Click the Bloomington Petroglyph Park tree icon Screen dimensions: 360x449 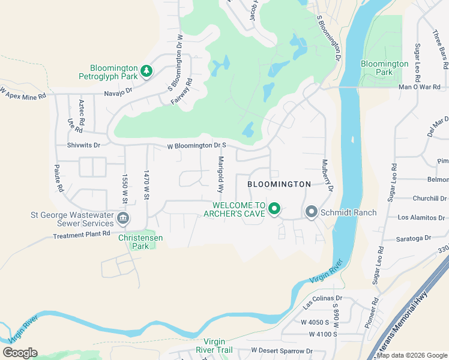point(146,71)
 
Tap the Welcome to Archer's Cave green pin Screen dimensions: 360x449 point(274,209)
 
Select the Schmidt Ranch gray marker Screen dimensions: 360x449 point(312,212)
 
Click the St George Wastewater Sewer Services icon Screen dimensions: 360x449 point(122,218)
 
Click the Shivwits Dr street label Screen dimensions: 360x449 point(83,145)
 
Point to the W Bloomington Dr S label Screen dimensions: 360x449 point(196,146)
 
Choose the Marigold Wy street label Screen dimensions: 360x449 point(221,174)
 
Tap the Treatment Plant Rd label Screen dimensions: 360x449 point(82,234)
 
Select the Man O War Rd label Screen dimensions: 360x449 point(420,87)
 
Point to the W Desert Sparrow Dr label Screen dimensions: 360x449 point(282,350)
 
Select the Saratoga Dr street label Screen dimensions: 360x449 point(414,238)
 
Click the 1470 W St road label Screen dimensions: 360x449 point(146,184)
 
